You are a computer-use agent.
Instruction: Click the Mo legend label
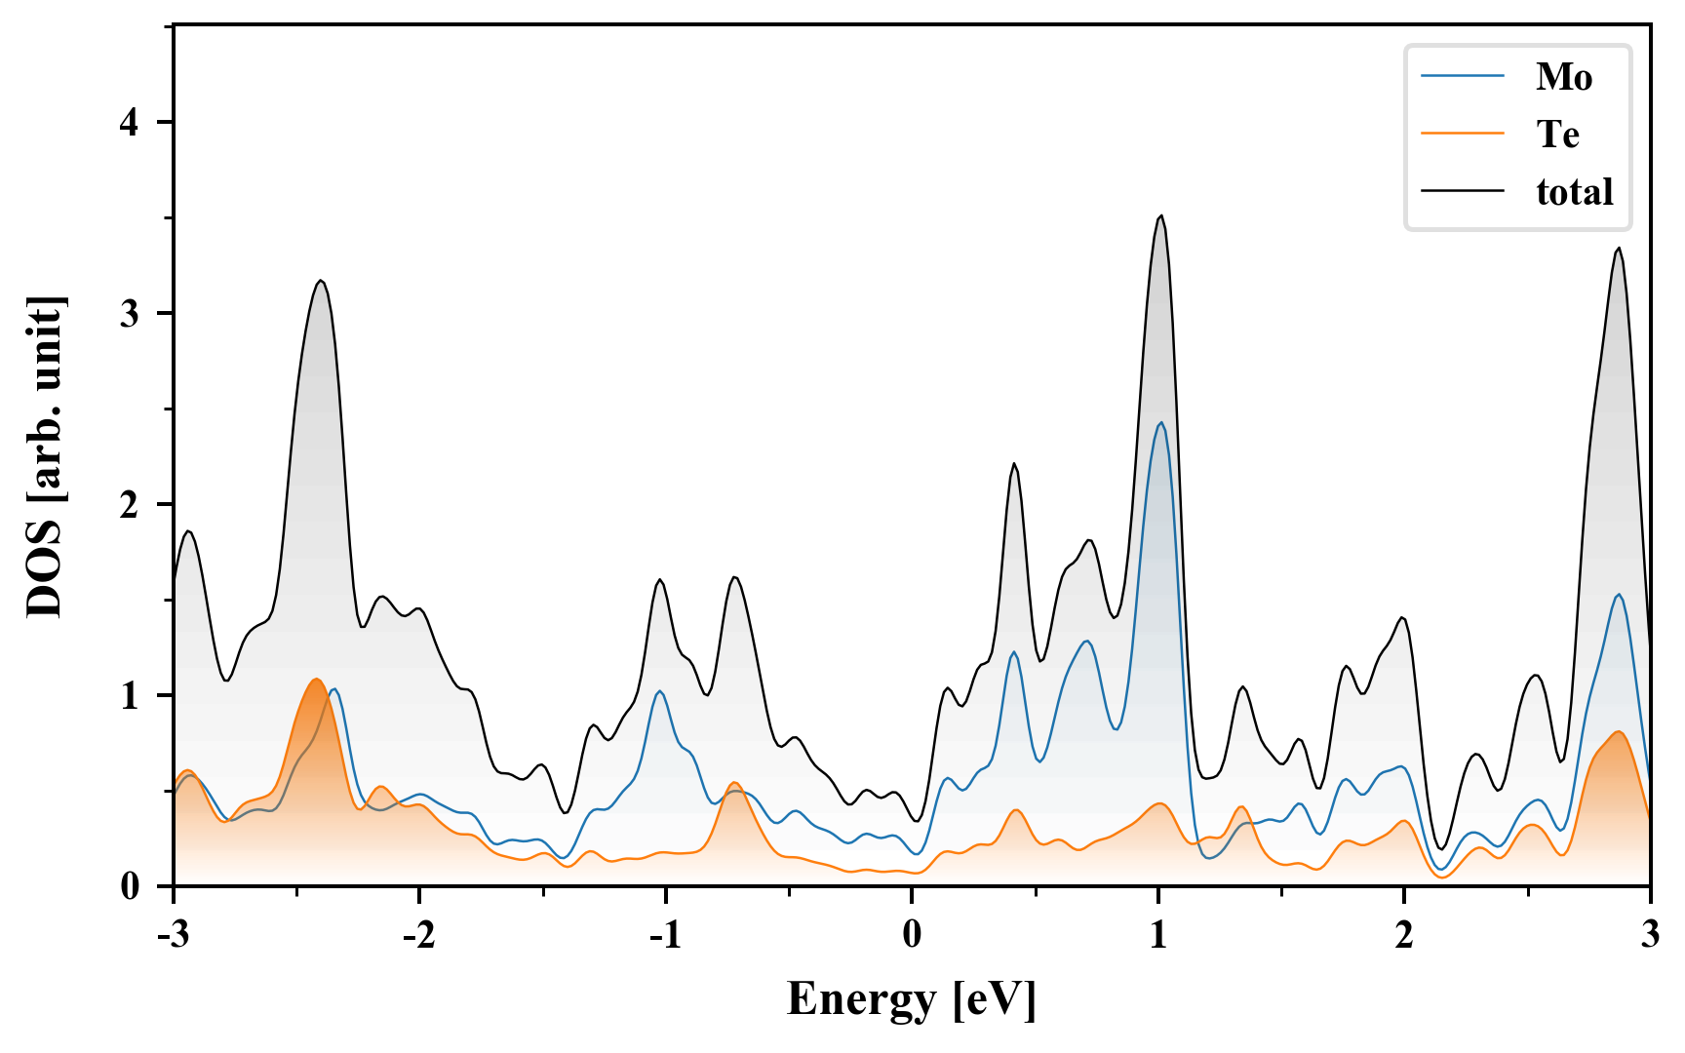1563,77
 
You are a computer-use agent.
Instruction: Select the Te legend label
1557,135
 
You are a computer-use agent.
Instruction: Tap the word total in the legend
1574,192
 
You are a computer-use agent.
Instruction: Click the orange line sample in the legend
1463,134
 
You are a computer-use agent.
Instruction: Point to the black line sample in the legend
1463,191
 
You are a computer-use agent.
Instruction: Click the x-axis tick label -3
174,935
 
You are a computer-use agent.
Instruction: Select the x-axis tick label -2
419,935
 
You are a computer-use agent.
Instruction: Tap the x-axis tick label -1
665,935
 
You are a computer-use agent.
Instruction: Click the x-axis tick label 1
1157,935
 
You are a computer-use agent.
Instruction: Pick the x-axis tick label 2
1403,935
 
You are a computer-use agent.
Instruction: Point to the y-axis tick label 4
131,123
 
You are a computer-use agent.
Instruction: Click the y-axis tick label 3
131,314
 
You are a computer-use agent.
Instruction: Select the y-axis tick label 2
131,505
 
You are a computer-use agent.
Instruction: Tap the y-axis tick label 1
131,696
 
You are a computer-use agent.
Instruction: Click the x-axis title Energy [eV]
911,999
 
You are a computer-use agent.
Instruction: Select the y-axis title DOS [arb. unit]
45,456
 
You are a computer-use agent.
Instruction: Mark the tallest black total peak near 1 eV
1160,216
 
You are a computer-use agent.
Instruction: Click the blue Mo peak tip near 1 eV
1160,422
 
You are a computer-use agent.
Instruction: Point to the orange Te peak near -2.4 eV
316,680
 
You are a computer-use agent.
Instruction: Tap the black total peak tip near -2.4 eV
320,281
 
